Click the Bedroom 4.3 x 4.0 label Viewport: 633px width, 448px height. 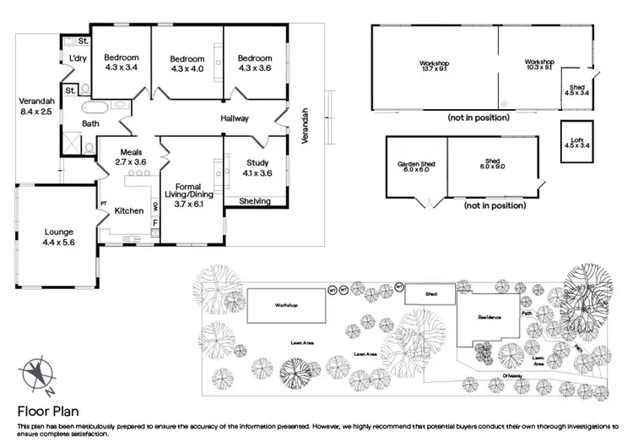pyautogui.click(x=187, y=63)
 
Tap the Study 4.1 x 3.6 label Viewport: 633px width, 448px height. pyautogui.click(x=257, y=167)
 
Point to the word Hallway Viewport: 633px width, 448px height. pyautogui.click(x=235, y=119)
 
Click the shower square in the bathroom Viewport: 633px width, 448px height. pyautogui.click(x=89, y=145)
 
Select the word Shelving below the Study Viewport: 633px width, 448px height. pyautogui.click(x=254, y=201)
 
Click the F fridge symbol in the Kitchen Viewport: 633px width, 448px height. pyautogui.click(x=154, y=223)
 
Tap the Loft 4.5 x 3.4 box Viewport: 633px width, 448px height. pyautogui.click(x=576, y=141)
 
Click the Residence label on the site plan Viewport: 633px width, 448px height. pyautogui.click(x=490, y=317)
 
